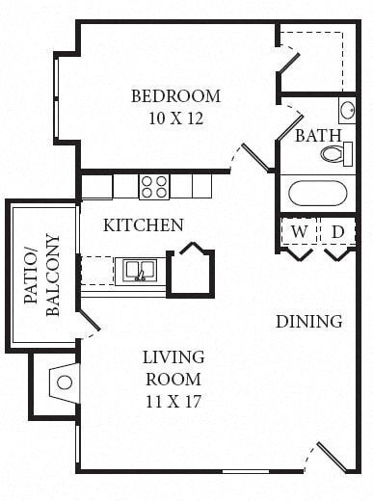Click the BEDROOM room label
tap(175, 96)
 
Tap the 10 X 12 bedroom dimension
tap(175, 119)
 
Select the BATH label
tap(318, 135)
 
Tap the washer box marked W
tap(299, 231)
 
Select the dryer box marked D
tap(337, 231)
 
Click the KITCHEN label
tap(144, 225)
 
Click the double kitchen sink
tap(140, 270)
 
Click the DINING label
tap(308, 321)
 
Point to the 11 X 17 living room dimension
tap(173, 400)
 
